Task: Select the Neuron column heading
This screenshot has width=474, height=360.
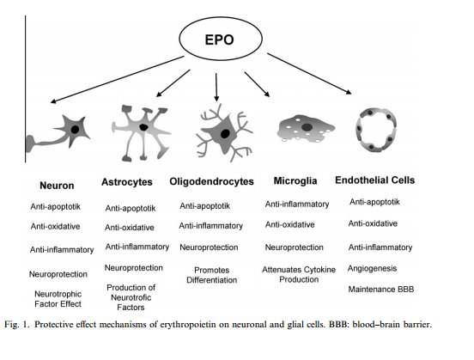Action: [x=58, y=185]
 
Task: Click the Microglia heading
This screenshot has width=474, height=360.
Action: [x=296, y=182]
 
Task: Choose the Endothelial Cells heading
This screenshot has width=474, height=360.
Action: [x=374, y=180]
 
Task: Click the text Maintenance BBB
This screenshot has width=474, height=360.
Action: [x=381, y=290]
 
